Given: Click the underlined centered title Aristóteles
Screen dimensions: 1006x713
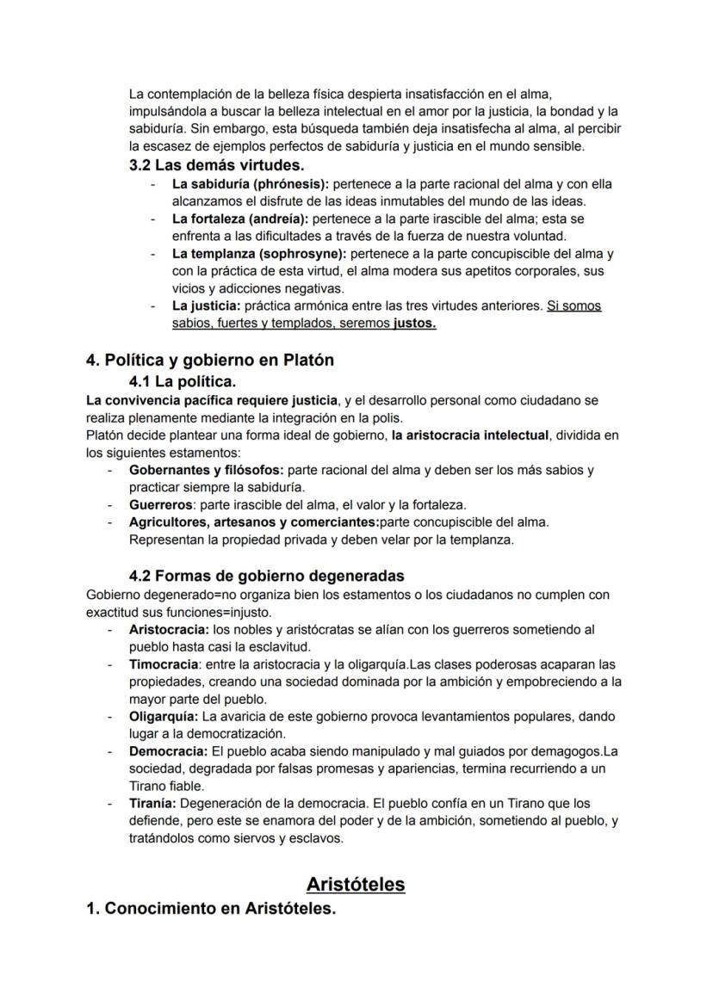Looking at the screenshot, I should (x=356, y=885).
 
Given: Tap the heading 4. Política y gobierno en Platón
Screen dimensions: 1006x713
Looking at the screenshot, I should (x=209, y=361).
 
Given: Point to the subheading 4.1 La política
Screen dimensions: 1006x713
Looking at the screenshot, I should (x=183, y=381).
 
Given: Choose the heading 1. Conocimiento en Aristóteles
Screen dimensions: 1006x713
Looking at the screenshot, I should (x=210, y=909).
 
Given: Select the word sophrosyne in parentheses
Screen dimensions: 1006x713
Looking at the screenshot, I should (x=305, y=254).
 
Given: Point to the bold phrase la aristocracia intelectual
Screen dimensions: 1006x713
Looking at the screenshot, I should (x=470, y=435).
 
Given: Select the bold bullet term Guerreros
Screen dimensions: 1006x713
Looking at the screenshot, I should (x=160, y=505).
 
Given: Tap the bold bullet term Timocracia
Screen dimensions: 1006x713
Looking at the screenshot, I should (x=164, y=664).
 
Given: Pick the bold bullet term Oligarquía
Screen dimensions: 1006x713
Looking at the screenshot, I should (x=164, y=716).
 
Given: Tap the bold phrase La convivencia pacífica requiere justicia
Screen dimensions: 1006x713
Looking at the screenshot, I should (x=212, y=400).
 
